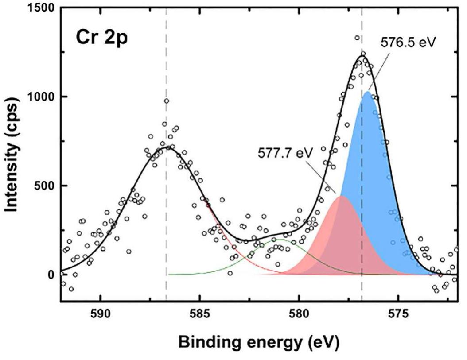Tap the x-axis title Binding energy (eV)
point(259,342)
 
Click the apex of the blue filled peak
point(367,92)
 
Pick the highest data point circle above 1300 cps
point(357,38)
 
